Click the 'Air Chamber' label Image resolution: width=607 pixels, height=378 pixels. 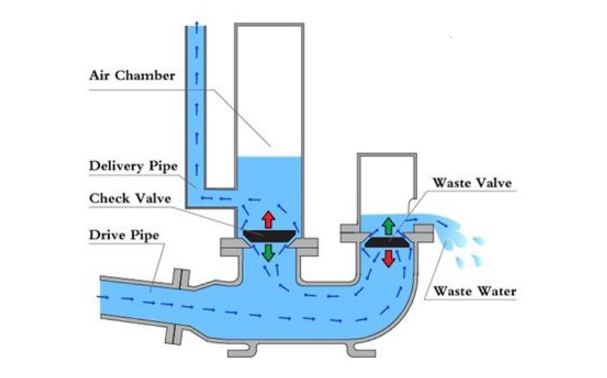(132, 75)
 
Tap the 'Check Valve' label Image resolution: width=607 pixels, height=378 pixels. (130, 198)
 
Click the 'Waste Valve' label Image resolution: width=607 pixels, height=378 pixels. (472, 183)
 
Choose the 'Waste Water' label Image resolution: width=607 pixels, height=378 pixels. (474, 292)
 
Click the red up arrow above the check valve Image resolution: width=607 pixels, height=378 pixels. (268, 219)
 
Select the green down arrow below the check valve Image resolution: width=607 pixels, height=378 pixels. (268, 252)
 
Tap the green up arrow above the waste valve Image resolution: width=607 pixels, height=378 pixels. (388, 225)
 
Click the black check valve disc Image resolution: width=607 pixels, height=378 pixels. (268, 236)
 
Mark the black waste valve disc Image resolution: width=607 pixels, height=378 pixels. (388, 241)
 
